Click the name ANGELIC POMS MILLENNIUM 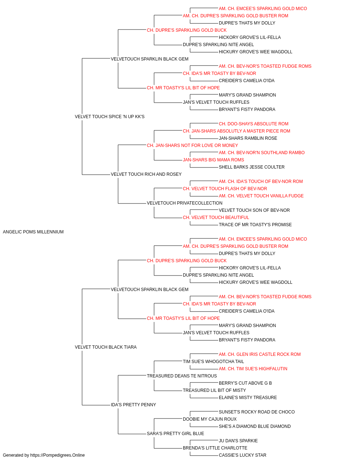point(33,232)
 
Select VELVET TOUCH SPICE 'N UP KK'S point(109,117)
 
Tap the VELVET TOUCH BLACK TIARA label point(105,347)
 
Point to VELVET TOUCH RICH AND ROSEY point(146,174)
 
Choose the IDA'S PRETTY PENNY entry point(133,405)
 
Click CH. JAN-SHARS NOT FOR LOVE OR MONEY point(192,146)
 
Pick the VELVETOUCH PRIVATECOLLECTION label point(184,203)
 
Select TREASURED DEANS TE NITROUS point(182,376)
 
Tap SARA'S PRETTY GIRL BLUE point(175,434)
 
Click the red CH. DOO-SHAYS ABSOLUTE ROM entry point(253,124)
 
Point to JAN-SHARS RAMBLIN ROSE point(248,138)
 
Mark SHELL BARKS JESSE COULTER point(252,167)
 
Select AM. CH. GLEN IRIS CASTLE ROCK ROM point(260,354)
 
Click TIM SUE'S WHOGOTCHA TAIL point(213,362)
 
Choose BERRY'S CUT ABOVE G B point(245,383)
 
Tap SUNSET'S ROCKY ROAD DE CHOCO point(257,412)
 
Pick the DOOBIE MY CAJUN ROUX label point(210,419)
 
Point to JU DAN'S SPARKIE point(238,441)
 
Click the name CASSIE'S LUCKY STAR point(243,455)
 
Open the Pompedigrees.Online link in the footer point(58,455)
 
